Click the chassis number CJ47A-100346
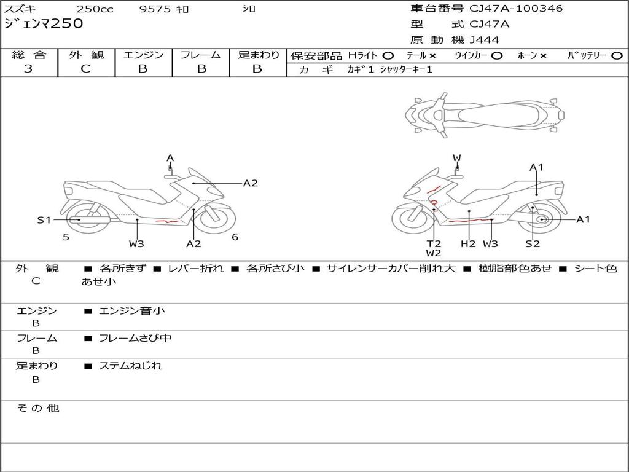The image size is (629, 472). coord(516,9)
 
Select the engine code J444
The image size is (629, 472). coord(484,40)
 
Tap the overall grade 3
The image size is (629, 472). coord(28,69)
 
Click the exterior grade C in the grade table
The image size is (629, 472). coord(85,69)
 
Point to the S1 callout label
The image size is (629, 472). coord(44,220)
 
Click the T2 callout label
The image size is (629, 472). coord(434,243)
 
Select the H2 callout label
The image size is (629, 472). coord(467,243)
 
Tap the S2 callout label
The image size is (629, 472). coord(533,243)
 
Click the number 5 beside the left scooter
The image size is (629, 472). coord(66,237)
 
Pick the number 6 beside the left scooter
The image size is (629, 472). coord(235,237)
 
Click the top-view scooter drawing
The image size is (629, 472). coord(485,115)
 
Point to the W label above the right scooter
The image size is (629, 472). coord(457,158)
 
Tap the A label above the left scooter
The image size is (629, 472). coord(170,158)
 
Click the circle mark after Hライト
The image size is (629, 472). coord(388,56)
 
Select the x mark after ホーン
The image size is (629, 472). coord(543,56)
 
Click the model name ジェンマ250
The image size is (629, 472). coord(44,23)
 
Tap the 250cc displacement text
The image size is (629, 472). coord(95,9)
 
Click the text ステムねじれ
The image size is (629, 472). coord(130,366)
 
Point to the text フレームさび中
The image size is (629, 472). coord(135,339)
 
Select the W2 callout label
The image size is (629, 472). coord(434,253)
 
